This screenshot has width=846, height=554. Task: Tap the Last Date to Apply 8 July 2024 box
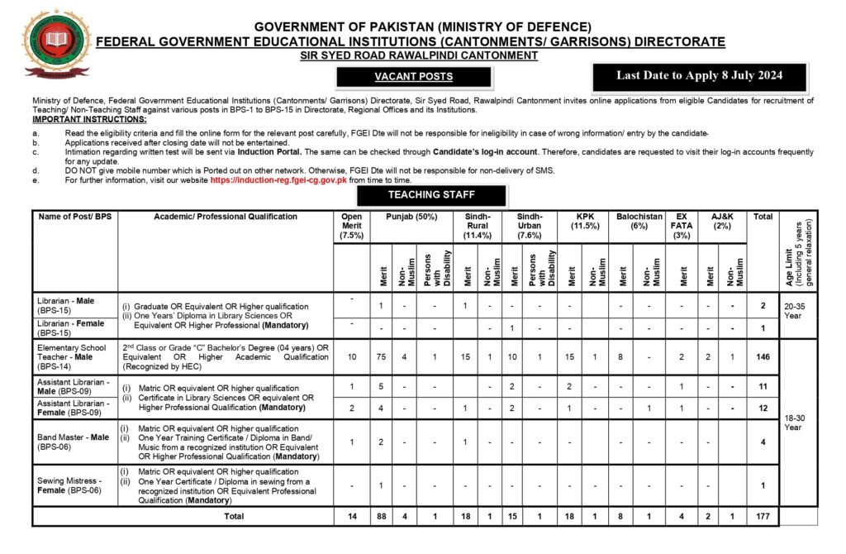point(699,75)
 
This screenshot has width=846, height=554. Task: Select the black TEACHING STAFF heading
point(431,195)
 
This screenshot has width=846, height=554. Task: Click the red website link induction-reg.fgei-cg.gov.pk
point(278,179)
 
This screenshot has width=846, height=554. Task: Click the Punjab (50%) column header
point(411,217)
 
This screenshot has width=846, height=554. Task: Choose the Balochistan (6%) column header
point(639,222)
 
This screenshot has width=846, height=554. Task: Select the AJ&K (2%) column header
point(721,222)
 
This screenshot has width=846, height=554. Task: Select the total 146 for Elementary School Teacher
point(763,356)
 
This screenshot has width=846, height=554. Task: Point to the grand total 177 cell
point(763,516)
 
